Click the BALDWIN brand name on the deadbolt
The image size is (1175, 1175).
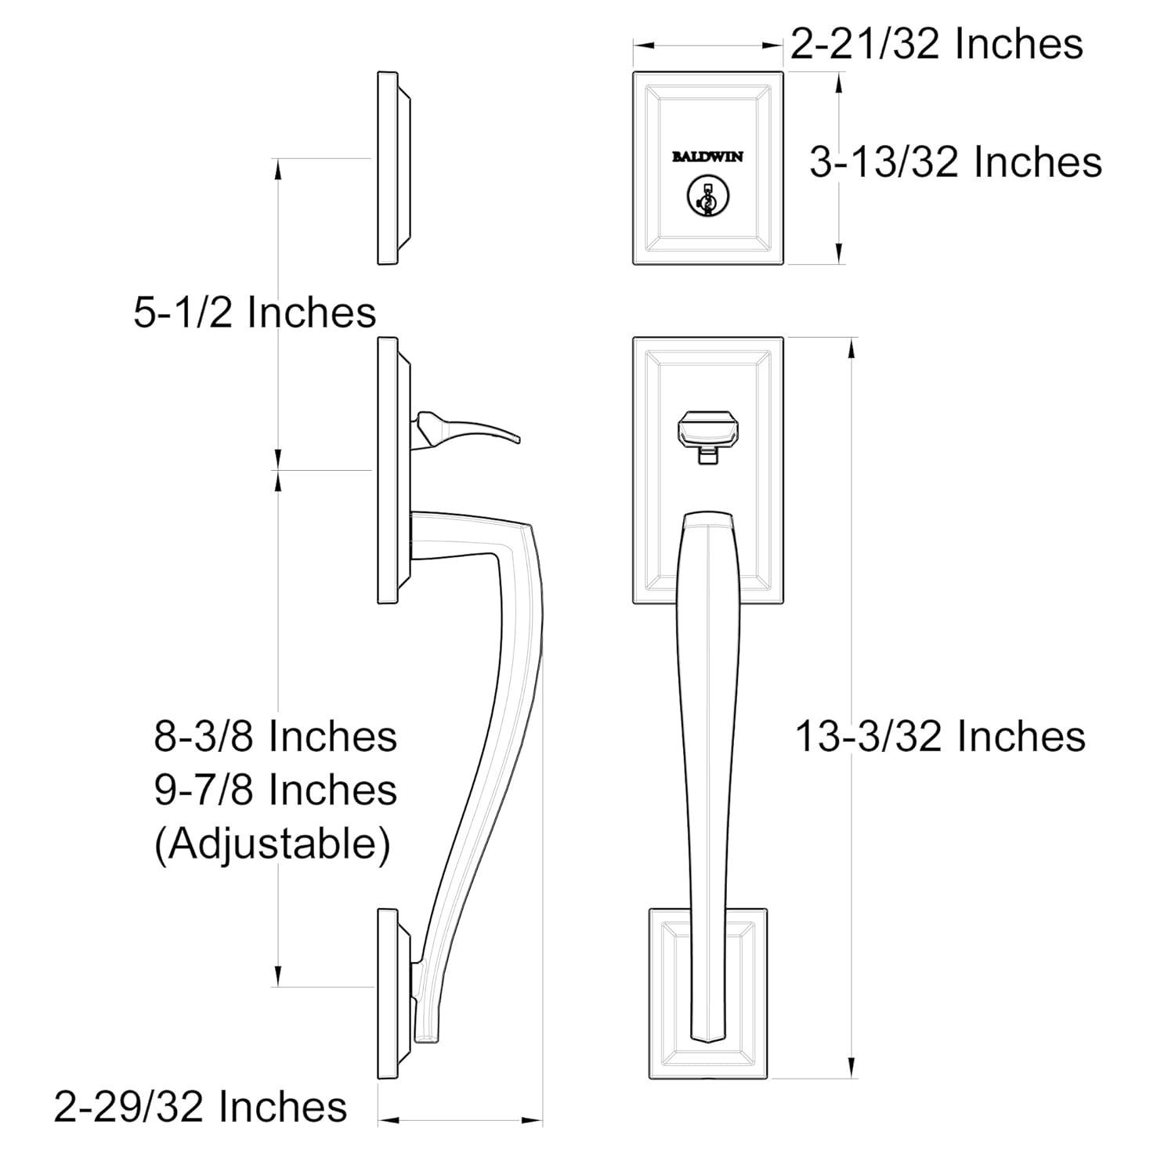(707, 157)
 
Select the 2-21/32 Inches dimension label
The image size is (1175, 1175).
(936, 44)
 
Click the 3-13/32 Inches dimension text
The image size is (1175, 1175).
(955, 163)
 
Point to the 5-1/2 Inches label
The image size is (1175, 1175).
(255, 313)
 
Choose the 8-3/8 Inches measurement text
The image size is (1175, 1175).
(276, 736)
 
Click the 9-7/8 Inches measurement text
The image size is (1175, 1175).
(276, 790)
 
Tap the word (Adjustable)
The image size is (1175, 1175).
(272, 844)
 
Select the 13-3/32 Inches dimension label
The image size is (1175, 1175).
(940, 736)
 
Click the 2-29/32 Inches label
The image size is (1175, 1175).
(201, 1107)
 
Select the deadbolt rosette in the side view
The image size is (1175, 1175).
(391, 168)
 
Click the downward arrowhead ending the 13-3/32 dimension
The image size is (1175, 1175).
(851, 1068)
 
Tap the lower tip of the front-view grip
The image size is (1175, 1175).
(708, 1037)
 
